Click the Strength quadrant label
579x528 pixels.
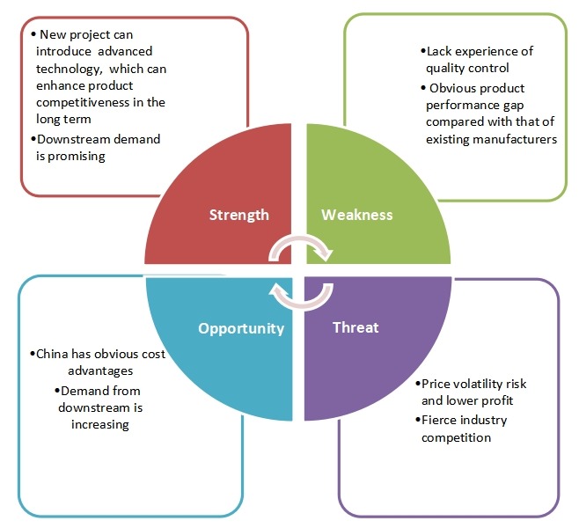238,215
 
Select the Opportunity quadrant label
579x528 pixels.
240,328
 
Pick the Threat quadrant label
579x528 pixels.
355,327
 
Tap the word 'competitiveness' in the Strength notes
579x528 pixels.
80,103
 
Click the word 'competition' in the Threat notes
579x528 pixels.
456,436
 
